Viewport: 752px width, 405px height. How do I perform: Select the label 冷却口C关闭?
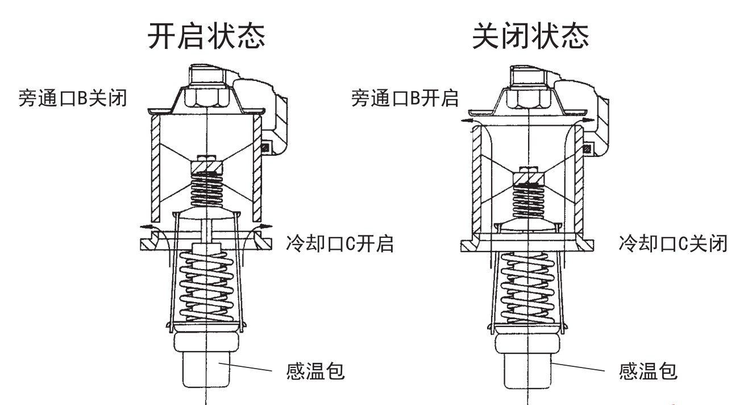coord(672,244)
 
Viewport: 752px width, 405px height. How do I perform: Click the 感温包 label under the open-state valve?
coord(315,373)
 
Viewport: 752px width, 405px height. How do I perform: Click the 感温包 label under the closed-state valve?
coord(648,373)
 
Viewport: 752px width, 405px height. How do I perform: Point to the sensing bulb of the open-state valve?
coord(206,367)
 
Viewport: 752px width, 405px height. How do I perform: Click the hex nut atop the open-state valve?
coord(206,97)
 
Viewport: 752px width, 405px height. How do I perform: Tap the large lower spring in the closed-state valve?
coord(529,284)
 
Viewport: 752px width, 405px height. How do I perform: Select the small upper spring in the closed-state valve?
coord(529,199)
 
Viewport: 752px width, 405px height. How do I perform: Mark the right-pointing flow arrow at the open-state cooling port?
coord(262,227)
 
